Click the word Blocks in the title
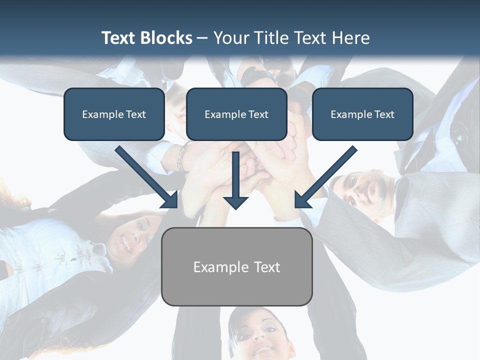(x=168, y=38)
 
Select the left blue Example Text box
(x=114, y=114)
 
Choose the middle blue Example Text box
(x=236, y=114)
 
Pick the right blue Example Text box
(x=362, y=114)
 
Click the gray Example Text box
(x=236, y=267)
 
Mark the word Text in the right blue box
(x=384, y=114)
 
